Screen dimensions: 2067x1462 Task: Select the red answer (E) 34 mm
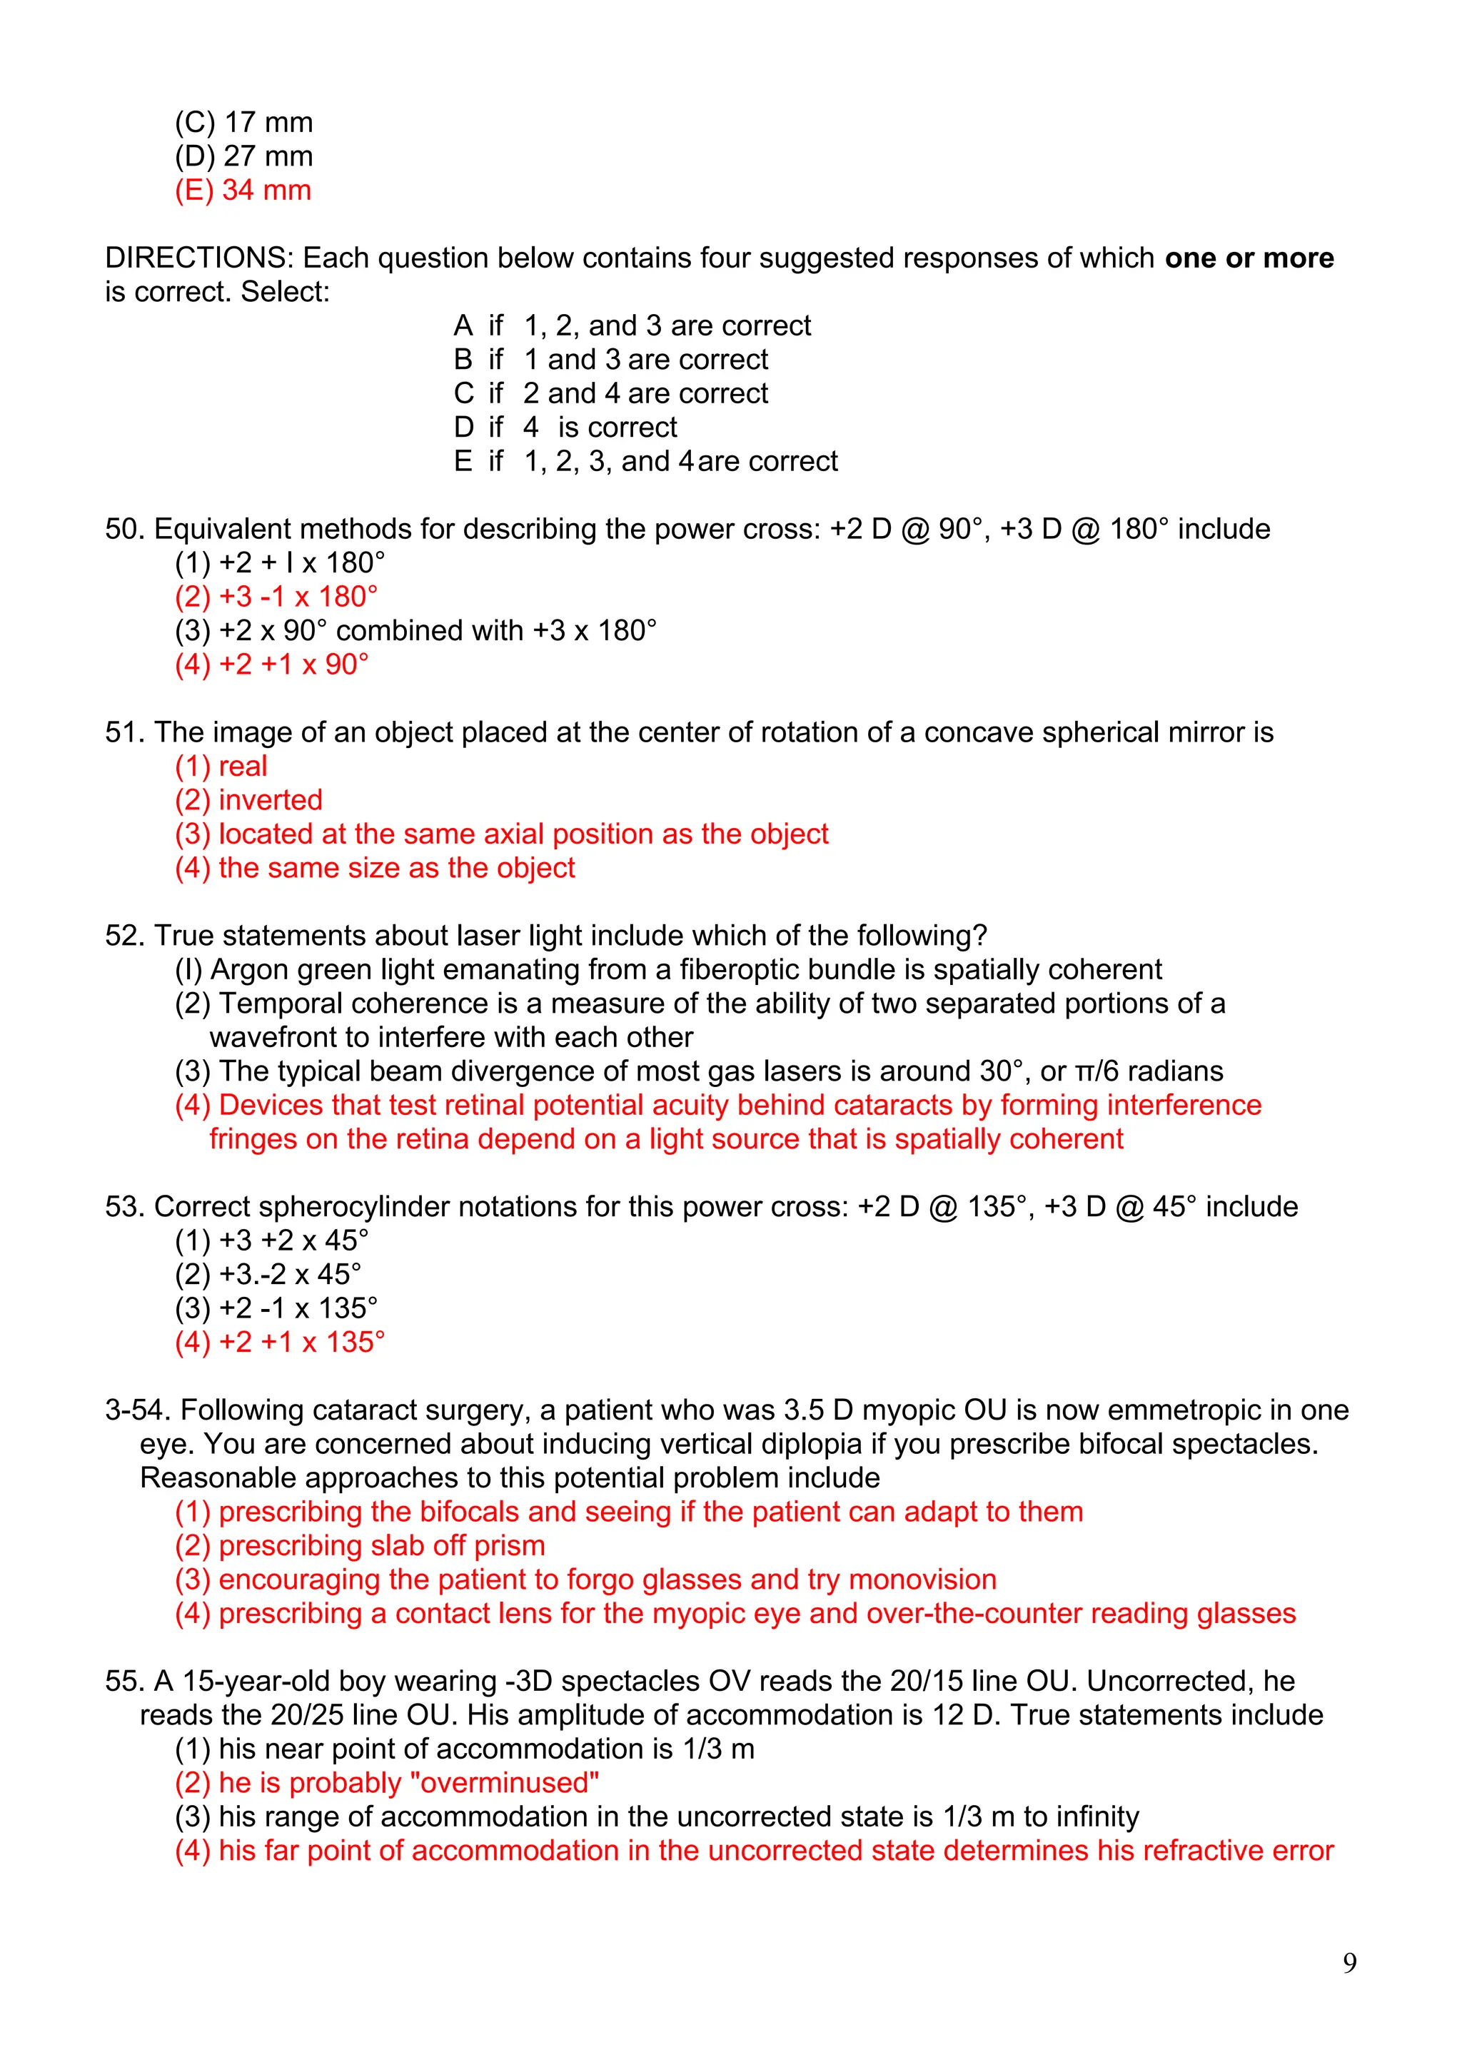coord(243,190)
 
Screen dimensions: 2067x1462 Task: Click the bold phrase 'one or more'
coord(1249,258)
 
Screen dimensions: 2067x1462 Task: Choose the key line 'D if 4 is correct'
coord(565,427)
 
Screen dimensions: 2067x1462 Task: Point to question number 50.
coord(125,530)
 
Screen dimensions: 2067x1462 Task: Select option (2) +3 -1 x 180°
coord(276,597)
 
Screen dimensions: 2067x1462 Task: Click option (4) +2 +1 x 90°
coord(272,664)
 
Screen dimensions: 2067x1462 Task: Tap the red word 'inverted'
coord(270,800)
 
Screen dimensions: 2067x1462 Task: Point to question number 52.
coord(125,936)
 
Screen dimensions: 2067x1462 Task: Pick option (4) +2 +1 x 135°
coord(279,1343)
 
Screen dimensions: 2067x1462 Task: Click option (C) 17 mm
coord(244,123)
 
